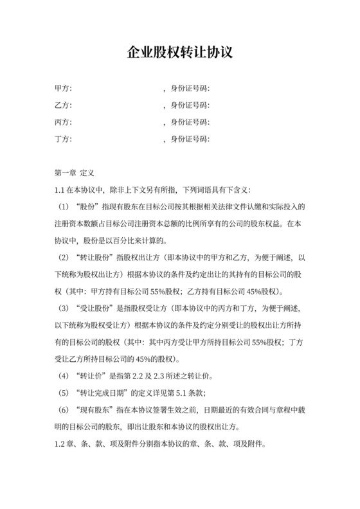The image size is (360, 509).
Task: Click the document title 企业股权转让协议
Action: coord(179,52)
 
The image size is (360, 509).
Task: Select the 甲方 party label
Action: coord(63,88)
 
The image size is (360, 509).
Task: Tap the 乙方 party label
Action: coord(63,105)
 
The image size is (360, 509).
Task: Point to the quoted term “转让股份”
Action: coord(94,258)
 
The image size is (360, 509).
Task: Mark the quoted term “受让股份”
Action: coord(94,308)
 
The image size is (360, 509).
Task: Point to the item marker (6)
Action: coord(63,410)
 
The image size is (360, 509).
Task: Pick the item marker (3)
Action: coord(63,308)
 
